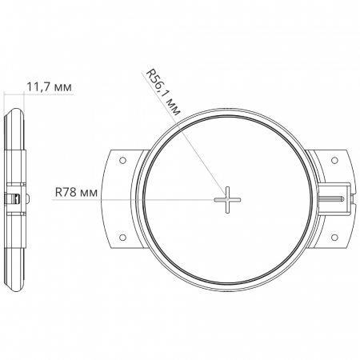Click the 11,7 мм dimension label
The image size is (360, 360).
point(50,86)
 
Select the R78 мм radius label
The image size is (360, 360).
point(76,192)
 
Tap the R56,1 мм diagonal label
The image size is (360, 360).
point(162,92)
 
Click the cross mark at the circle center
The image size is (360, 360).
point(227,200)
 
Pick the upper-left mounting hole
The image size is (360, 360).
point(122,160)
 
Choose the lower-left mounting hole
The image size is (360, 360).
point(122,238)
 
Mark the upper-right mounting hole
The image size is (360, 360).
point(334,160)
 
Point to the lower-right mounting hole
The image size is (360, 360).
point(334,238)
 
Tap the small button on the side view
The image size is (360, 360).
point(27,198)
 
